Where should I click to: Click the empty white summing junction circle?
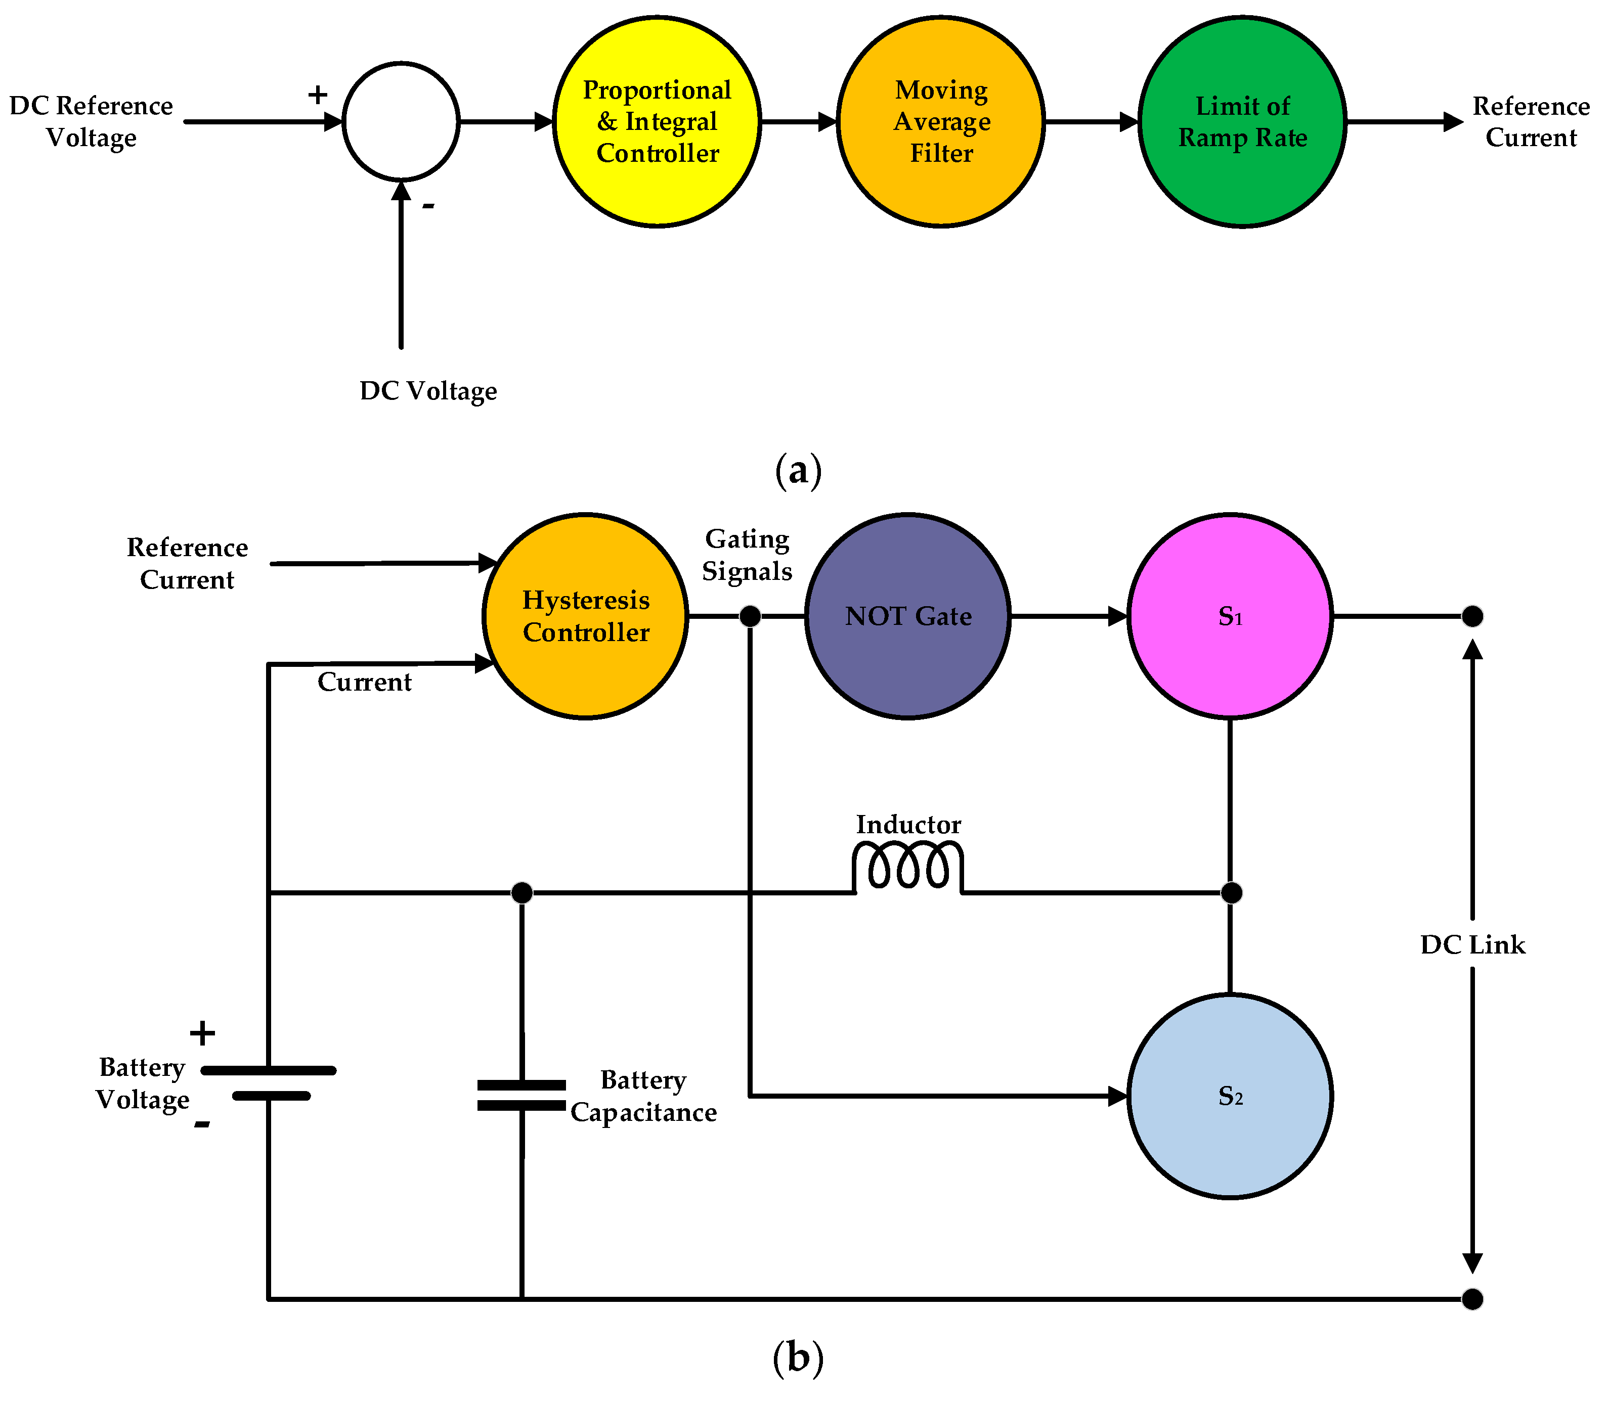click(x=401, y=121)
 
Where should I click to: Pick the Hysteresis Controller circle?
click(x=585, y=616)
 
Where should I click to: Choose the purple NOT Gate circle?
click(x=907, y=616)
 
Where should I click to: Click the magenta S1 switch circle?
click(x=1230, y=616)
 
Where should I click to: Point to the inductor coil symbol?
click(x=907, y=866)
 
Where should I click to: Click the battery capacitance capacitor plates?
click(x=521, y=1095)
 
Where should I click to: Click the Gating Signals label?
click(x=747, y=555)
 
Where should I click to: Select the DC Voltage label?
click(x=428, y=390)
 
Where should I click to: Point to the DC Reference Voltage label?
click(x=91, y=121)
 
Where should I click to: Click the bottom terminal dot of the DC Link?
click(x=1472, y=1299)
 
